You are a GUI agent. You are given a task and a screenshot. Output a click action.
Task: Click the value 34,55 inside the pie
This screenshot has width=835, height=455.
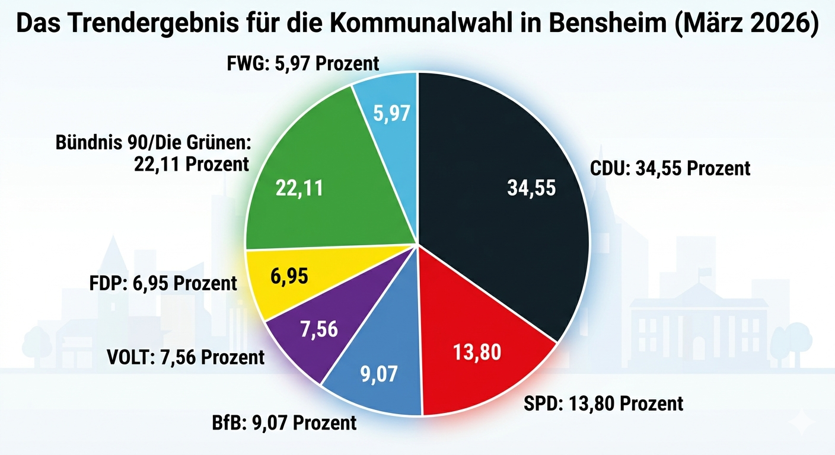click(531, 188)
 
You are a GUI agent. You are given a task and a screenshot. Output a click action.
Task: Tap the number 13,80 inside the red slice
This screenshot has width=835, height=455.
click(477, 352)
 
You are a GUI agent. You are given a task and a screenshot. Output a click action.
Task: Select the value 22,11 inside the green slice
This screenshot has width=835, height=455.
click(299, 188)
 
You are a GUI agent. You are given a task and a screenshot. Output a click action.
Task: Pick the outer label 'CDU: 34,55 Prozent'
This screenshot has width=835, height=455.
click(670, 168)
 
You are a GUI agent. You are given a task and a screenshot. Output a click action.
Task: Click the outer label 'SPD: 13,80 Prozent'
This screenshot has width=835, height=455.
click(604, 403)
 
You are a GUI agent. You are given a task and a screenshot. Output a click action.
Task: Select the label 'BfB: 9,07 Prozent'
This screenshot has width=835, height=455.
click(284, 423)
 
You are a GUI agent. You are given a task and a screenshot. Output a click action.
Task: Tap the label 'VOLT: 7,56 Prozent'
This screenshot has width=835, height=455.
click(186, 357)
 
